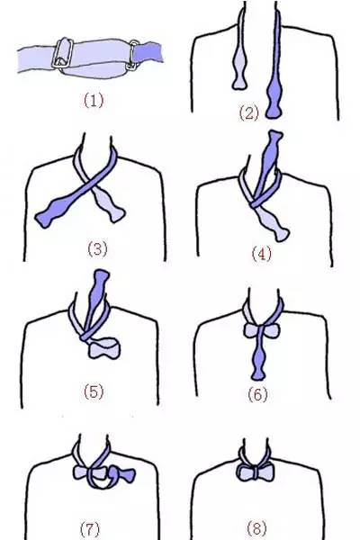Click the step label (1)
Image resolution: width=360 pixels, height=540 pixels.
tap(94, 101)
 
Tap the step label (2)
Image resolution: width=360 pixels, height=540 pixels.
tap(248, 113)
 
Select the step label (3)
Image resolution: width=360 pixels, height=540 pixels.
tap(97, 248)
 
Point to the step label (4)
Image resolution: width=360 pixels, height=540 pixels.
tap(262, 254)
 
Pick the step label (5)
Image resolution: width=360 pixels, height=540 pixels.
tap(94, 391)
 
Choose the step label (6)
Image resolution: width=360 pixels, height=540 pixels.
tap(257, 394)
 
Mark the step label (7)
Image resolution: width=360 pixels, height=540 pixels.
tap(90, 528)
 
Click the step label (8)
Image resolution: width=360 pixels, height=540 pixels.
tap(257, 528)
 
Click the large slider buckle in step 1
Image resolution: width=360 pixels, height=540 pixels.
tap(62, 53)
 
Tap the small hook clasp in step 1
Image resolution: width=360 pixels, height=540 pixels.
tap(133, 56)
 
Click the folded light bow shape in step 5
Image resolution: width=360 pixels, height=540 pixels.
tap(103, 348)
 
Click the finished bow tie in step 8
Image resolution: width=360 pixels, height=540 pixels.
tap(256, 472)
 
